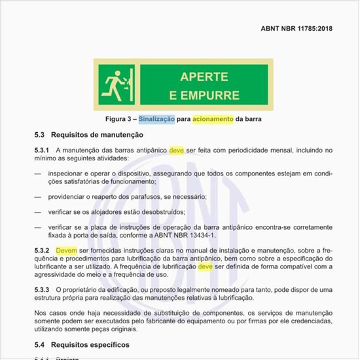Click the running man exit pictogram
point(118,83)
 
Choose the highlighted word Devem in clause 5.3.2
point(66,251)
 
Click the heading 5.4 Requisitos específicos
point(82,344)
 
